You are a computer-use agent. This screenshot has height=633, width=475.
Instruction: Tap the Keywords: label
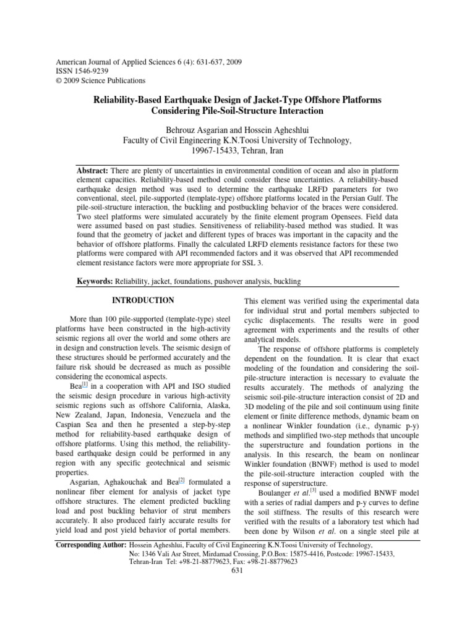pos(96,281)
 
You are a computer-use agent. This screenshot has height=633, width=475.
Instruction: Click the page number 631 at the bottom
pos(237,570)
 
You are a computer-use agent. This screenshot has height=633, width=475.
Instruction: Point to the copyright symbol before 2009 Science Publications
pos(59,80)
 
